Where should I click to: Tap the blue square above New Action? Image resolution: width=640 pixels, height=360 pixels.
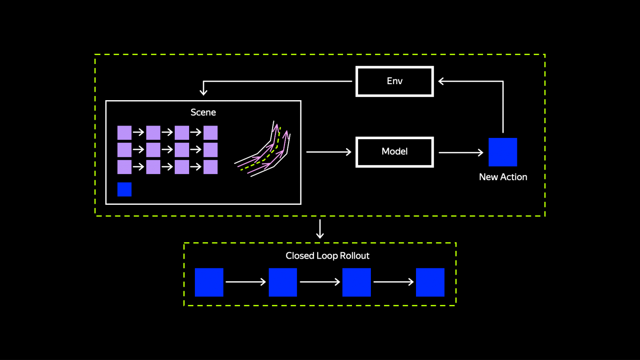pyautogui.click(x=503, y=152)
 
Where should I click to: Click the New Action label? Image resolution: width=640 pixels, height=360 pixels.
pyautogui.click(x=503, y=177)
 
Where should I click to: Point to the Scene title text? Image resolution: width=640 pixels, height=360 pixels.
pyautogui.click(x=203, y=112)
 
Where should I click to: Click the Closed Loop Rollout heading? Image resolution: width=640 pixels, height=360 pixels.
pyautogui.click(x=327, y=256)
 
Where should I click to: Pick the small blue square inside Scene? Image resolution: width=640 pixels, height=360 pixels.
pyautogui.click(x=124, y=189)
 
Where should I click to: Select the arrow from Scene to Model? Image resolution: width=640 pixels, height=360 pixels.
pyautogui.click(x=329, y=152)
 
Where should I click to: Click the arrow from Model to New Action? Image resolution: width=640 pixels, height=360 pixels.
pyautogui.click(x=461, y=152)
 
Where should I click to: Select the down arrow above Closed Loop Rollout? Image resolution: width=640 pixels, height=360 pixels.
pyautogui.click(x=320, y=229)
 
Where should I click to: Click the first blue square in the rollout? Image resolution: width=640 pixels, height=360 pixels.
pyautogui.click(x=209, y=282)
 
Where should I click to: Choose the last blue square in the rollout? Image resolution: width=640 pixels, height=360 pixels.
pyautogui.click(x=430, y=282)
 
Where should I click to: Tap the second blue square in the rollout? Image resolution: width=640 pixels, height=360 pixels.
pyautogui.click(x=283, y=282)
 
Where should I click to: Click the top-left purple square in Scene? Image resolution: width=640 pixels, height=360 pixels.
pyautogui.click(x=124, y=133)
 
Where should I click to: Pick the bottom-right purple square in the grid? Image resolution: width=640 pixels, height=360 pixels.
pyautogui.click(x=210, y=167)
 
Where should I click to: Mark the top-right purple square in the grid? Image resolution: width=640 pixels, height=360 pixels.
pyautogui.click(x=210, y=133)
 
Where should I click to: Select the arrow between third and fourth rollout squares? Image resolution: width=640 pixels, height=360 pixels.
pyautogui.click(x=393, y=282)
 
